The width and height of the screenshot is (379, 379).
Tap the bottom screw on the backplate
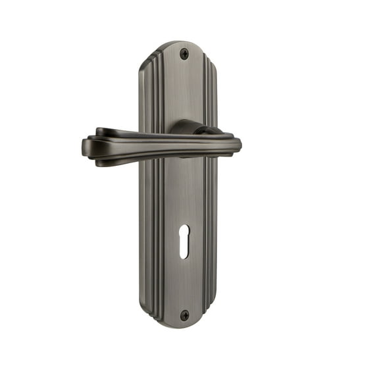point(185,315)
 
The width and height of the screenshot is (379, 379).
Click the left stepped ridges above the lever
point(147,92)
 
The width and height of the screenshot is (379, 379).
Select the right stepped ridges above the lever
point(209,92)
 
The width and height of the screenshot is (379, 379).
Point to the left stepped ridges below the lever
point(147,230)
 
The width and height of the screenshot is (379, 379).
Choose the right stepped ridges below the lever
point(211,230)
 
